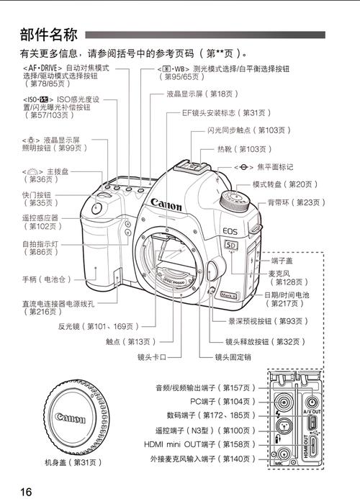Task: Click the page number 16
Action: pyautogui.click(x=26, y=492)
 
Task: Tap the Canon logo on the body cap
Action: pyautogui.click(x=70, y=418)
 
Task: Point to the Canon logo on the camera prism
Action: pyautogui.click(x=166, y=205)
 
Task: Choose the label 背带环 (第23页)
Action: pyautogui.click(x=296, y=202)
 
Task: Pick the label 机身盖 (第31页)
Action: pyautogui.click(x=73, y=462)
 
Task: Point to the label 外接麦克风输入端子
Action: pyautogui.click(x=203, y=458)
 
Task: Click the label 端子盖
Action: pyautogui.click(x=282, y=260)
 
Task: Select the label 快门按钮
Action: pyautogui.click(x=37, y=199)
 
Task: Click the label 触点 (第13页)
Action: pyautogui.click(x=129, y=341)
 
